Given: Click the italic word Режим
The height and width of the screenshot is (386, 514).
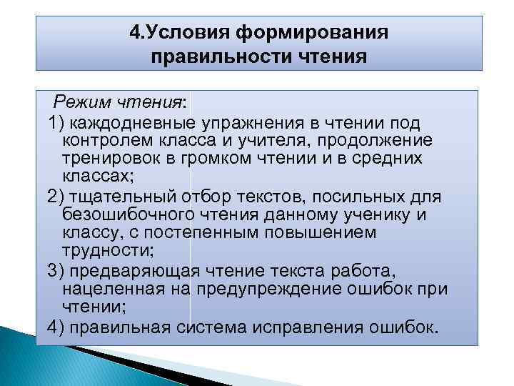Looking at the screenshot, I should click(84, 103).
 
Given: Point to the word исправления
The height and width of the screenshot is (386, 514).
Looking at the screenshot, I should click(330, 327).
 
